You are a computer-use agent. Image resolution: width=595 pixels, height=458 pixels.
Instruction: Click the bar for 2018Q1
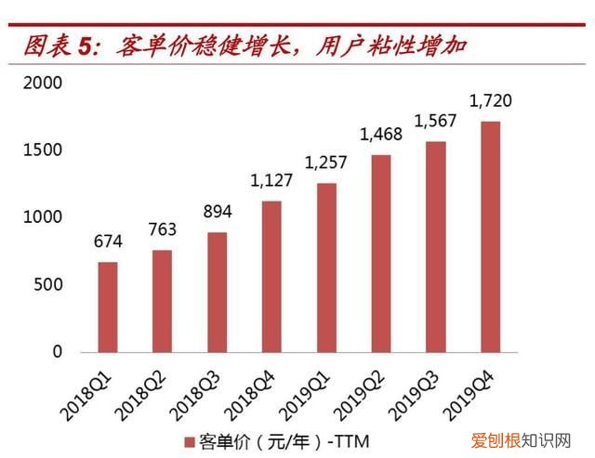tap(108, 307)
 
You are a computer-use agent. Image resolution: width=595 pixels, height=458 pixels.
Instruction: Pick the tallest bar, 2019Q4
tap(490, 237)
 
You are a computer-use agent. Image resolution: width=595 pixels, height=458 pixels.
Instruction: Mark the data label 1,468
tap(380, 135)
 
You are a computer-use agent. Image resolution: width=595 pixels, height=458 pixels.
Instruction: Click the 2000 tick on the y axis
tap(42, 83)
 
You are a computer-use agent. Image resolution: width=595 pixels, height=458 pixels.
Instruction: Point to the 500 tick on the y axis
tap(46, 284)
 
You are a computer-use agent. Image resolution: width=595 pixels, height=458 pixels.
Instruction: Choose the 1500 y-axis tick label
tap(42, 150)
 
